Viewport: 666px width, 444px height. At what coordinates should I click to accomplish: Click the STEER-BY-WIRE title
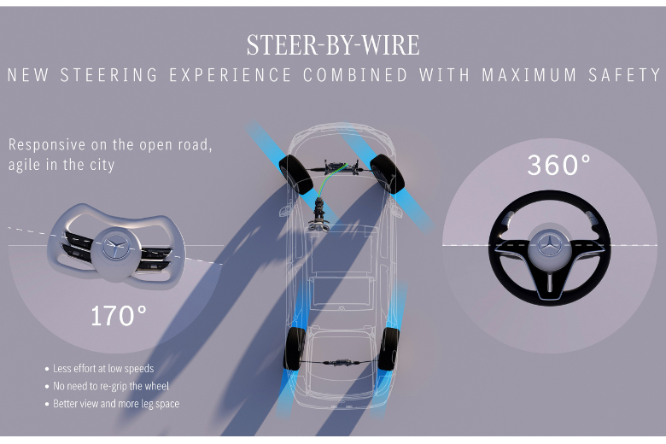[333, 44]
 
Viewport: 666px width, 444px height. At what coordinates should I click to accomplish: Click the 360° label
[558, 165]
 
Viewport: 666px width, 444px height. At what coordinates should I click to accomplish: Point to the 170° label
[119, 316]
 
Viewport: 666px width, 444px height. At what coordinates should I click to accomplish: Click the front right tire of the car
[388, 172]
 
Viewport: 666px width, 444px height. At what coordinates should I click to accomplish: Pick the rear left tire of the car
[295, 348]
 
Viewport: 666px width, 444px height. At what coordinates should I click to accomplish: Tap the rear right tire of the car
[389, 348]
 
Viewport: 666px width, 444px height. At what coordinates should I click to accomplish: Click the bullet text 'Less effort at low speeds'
[103, 369]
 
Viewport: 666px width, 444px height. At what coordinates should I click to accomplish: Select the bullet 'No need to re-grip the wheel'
[110, 386]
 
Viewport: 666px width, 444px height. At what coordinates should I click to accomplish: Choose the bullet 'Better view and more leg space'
[116, 403]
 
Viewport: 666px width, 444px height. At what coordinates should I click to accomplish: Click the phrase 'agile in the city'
[62, 165]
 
